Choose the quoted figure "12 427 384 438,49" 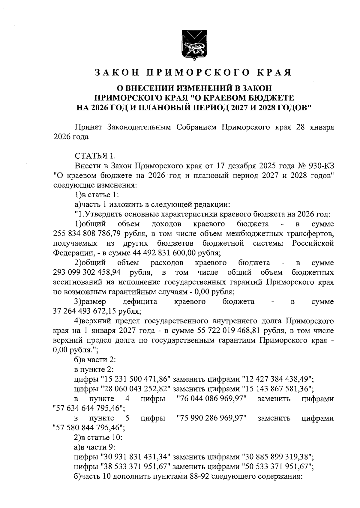pyautogui.click(x=277, y=380)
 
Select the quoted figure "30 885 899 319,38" pyautogui.click(x=277, y=456)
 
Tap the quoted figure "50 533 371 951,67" pyautogui.click(x=277, y=466)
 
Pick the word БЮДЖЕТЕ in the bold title pyautogui.click(x=265, y=98)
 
